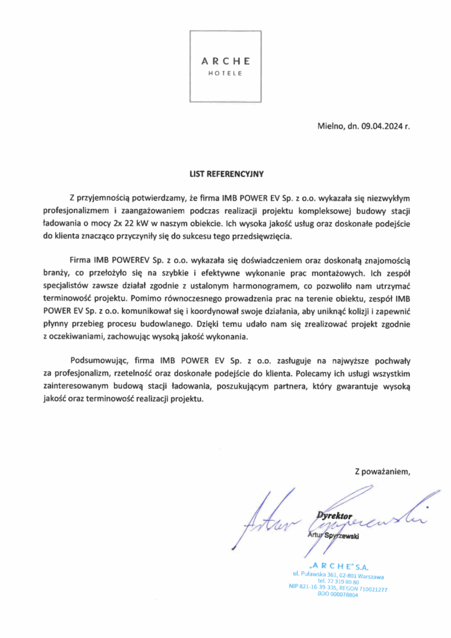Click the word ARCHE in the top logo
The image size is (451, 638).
tap(226, 61)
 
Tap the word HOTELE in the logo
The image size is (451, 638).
tap(226, 73)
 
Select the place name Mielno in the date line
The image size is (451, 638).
tap(331, 126)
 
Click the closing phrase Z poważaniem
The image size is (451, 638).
tap(382, 470)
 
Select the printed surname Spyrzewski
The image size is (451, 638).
tap(346, 536)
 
